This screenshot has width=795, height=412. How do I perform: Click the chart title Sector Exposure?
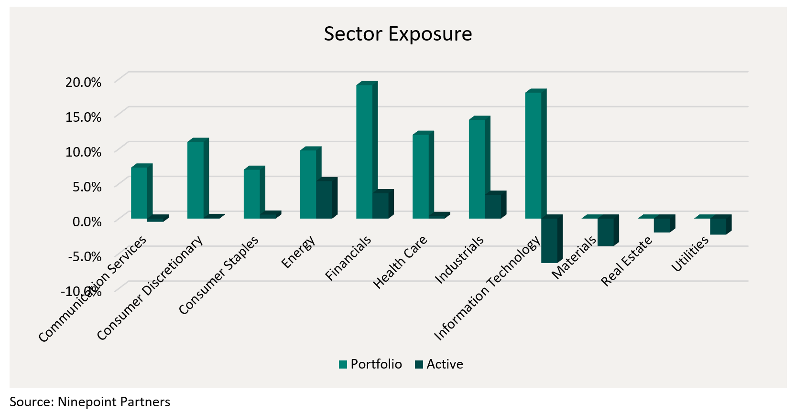pyautogui.click(x=398, y=34)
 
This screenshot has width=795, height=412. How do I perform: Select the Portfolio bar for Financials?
pyautogui.click(x=365, y=151)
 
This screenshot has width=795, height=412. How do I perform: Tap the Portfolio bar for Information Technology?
pyautogui.click(x=534, y=155)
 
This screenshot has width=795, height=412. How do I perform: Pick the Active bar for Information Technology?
pyautogui.click(x=549, y=240)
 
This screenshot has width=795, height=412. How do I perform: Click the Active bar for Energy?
pyautogui.click(x=324, y=200)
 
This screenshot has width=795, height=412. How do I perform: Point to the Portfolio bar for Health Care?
pyautogui.click(x=421, y=176)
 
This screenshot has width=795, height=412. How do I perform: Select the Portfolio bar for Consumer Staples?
pyautogui.click(x=252, y=194)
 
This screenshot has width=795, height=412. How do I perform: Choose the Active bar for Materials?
pyautogui.click(x=606, y=232)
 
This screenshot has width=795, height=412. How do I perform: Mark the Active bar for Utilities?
pyautogui.click(x=718, y=226)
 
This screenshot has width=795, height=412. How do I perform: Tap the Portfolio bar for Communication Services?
pyautogui.click(x=139, y=192)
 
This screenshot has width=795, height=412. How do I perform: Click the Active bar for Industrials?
pyautogui.click(x=493, y=206)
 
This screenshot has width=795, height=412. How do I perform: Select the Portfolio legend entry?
pyautogui.click(x=370, y=364)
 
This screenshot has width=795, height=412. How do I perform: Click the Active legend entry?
pyautogui.click(x=439, y=364)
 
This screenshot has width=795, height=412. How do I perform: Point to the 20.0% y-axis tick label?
pyautogui.click(x=83, y=82)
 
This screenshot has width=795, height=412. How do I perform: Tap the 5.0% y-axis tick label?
pyautogui.click(x=87, y=187)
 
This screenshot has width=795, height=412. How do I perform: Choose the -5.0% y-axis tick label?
pyautogui.click(x=85, y=256)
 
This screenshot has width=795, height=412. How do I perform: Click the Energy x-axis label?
pyautogui.click(x=298, y=252)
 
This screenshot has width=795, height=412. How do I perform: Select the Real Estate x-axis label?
pyautogui.click(x=627, y=261)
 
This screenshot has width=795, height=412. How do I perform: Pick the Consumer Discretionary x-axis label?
pyautogui.click(x=150, y=288)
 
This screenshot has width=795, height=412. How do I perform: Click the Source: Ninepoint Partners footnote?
pyautogui.click(x=90, y=402)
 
